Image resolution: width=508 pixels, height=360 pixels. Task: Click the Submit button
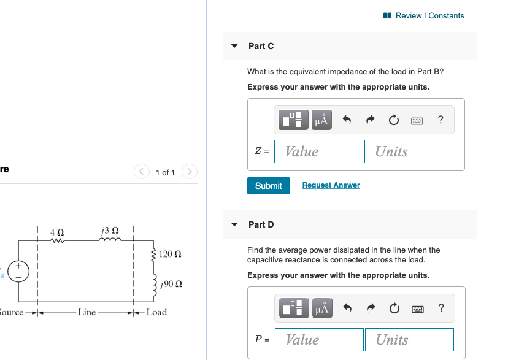[x=268, y=185]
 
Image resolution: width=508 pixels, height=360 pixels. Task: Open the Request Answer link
[x=331, y=185]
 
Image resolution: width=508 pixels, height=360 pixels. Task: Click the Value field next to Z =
[x=318, y=151]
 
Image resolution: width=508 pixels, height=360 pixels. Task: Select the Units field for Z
[x=409, y=151]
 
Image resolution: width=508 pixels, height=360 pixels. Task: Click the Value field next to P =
[x=318, y=340]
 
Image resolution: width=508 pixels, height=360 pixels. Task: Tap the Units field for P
[x=409, y=340]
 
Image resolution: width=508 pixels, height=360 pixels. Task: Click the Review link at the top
[x=409, y=15]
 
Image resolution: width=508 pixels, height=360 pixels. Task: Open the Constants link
[x=446, y=15]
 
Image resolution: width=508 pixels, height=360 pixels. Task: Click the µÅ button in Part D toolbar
[x=321, y=308]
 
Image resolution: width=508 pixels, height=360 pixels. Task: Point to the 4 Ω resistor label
[x=57, y=232]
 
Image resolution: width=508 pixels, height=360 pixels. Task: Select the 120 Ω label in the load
[x=169, y=253]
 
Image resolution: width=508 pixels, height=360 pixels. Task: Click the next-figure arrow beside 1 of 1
[x=190, y=172]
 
